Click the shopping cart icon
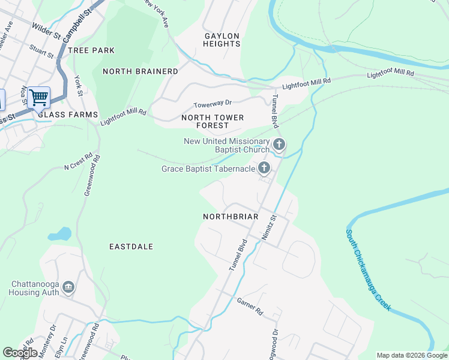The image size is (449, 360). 38,97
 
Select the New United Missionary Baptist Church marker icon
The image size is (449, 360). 279,144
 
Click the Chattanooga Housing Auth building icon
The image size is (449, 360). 68,288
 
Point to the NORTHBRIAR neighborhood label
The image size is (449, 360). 231,216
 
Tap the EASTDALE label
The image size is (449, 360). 131,247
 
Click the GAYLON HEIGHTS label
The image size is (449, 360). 222,40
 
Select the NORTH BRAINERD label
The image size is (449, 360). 140,71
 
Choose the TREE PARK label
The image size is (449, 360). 91,50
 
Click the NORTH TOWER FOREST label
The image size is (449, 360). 212,122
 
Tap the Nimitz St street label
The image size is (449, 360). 268,227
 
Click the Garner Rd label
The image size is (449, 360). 250,307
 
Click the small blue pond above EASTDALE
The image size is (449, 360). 60,233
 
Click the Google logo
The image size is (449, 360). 20,353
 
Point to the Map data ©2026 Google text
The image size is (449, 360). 412,355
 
